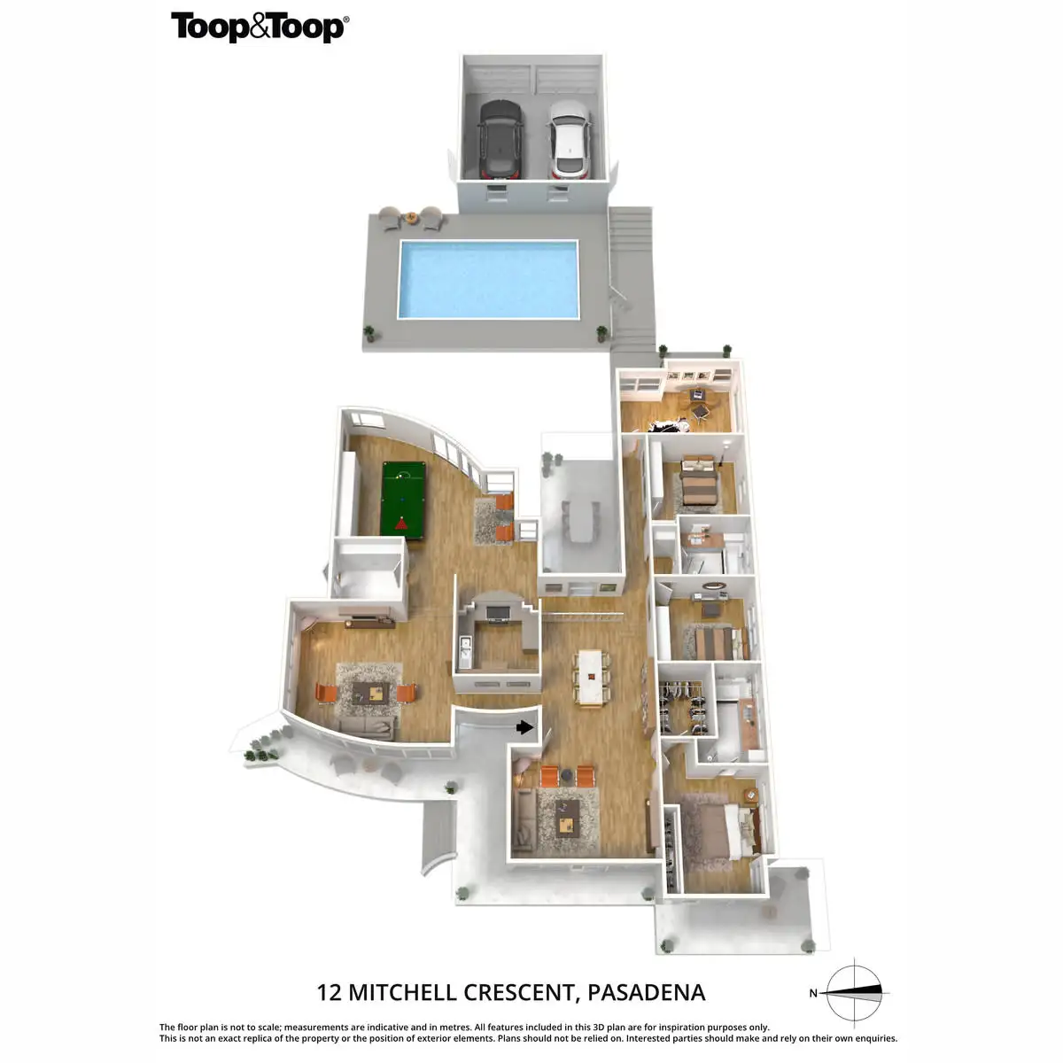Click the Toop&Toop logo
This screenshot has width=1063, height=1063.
pyautogui.click(x=260, y=27)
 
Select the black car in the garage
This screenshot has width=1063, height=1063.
pyautogui.click(x=500, y=138)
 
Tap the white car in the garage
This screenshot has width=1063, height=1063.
pyautogui.click(x=568, y=138)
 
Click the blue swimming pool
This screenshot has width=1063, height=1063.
pyautogui.click(x=487, y=279)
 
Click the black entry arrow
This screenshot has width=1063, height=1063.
pyautogui.click(x=525, y=727)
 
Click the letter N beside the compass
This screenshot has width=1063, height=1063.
pyautogui.click(x=813, y=993)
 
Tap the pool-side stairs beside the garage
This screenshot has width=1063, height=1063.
pyautogui.click(x=631, y=275)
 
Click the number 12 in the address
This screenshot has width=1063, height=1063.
pyautogui.click(x=330, y=992)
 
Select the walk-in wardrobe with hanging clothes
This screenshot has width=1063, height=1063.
pyautogui.click(x=683, y=707)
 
